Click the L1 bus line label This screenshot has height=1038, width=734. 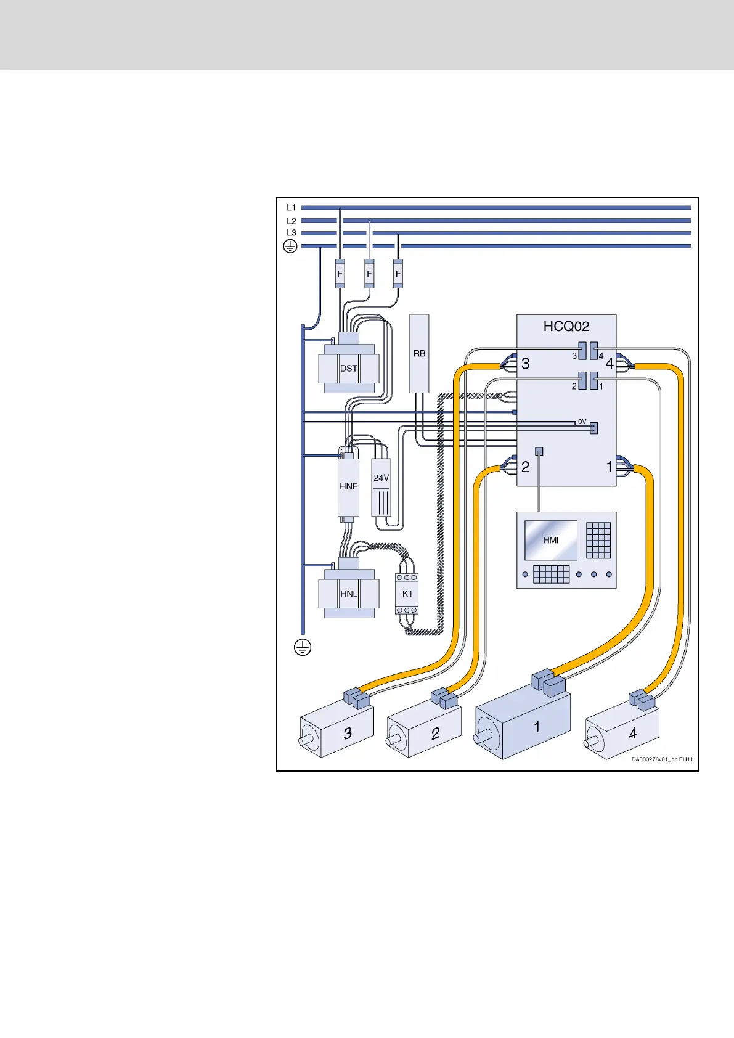tap(292, 208)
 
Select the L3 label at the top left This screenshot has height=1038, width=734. tap(292, 233)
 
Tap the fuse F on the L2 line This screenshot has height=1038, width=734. tap(369, 274)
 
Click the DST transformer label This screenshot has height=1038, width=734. tap(348, 369)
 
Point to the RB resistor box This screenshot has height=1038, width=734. tap(419, 353)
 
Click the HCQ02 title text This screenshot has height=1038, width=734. tap(566, 326)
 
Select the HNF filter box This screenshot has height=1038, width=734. tap(348, 486)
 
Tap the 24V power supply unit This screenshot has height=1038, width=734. tap(381, 487)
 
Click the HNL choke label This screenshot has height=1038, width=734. tap(348, 594)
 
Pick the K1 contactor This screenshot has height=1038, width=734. tap(407, 594)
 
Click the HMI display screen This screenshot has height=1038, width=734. tap(550, 540)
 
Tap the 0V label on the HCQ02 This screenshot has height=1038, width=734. tap(582, 422)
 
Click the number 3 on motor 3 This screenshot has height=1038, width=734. tap(348, 733)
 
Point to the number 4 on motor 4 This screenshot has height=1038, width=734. tap(632, 733)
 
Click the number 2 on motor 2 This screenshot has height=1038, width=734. tap(435, 733)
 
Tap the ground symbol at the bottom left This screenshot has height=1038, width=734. tap(302, 648)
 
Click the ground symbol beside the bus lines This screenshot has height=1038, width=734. tap(290, 247)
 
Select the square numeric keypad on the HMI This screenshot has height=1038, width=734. tap(598, 540)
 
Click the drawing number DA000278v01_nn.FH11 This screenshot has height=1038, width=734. tap(661, 759)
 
